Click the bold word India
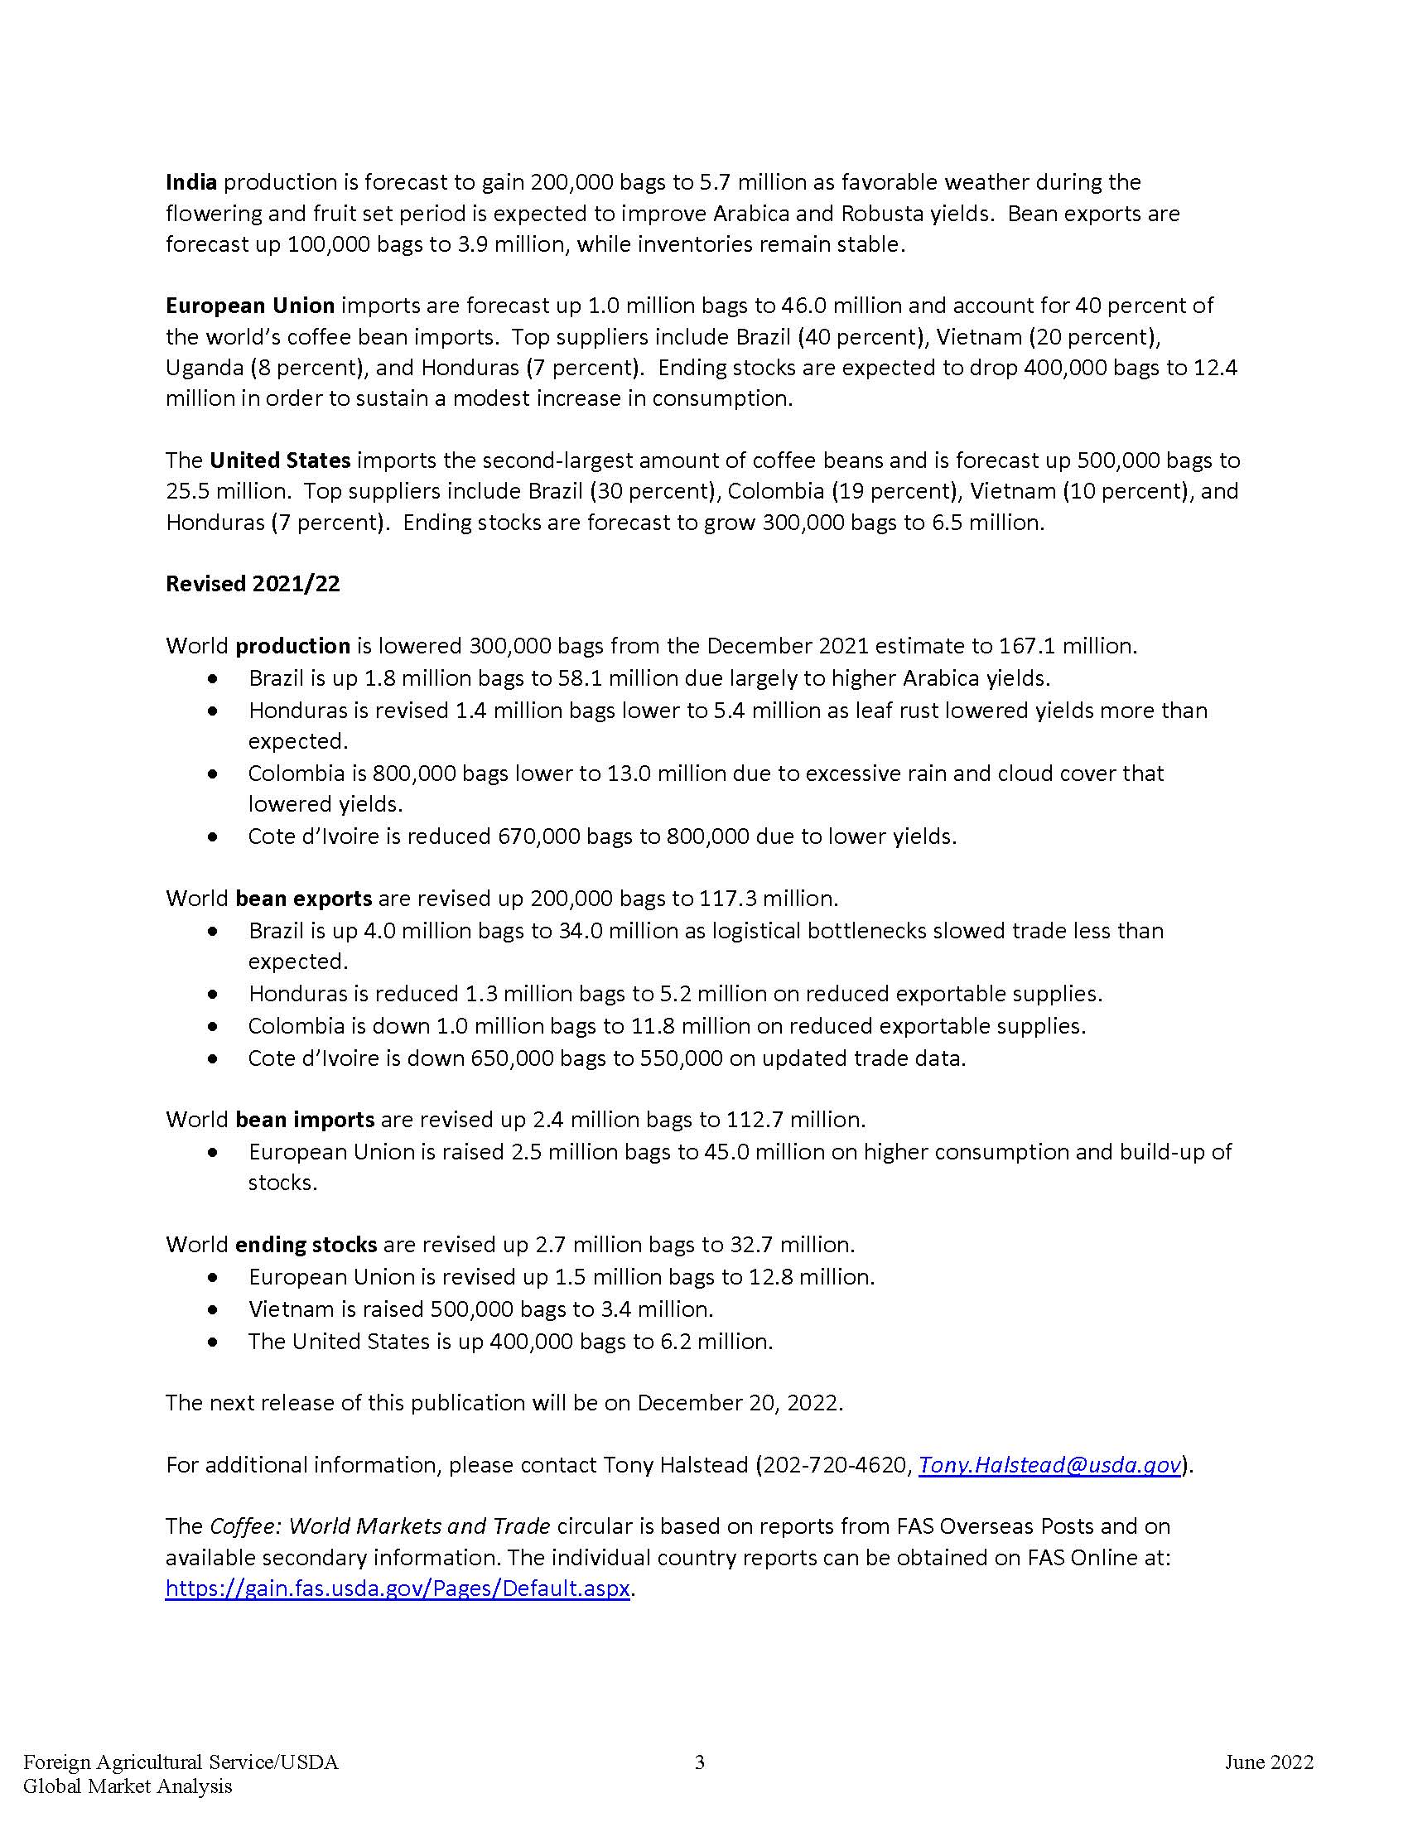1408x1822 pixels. click(191, 182)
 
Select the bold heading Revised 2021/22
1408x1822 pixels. click(253, 584)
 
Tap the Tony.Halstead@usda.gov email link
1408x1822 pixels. click(1049, 1465)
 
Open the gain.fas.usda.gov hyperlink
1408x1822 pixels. click(397, 1588)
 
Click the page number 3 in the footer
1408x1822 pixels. click(700, 1762)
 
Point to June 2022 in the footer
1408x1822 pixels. click(1269, 1762)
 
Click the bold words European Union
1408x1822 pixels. click(250, 306)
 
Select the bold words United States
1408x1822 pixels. click(279, 460)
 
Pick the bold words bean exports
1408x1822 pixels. click(304, 899)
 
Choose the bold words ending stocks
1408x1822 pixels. click(306, 1245)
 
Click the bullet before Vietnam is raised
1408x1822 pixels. click(215, 1310)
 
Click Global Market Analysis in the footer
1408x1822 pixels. click(128, 1786)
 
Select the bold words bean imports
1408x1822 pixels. click(305, 1120)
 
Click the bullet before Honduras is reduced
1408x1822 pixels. click(215, 995)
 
